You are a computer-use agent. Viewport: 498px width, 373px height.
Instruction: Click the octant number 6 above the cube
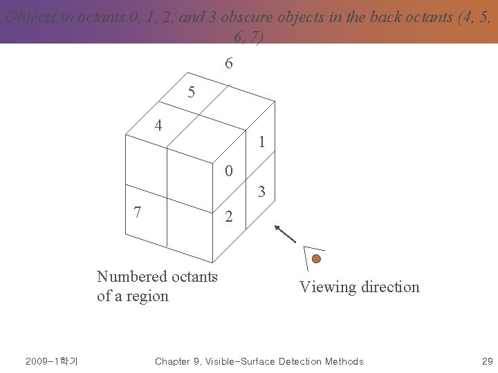coord(229,64)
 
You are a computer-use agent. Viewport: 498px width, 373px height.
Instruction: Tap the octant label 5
coord(192,92)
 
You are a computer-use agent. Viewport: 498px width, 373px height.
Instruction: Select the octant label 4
coord(158,126)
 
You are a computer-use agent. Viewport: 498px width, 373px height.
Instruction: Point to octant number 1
coord(261,143)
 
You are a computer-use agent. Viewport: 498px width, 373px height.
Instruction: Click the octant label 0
coord(229,171)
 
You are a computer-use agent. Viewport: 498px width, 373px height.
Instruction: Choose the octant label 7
coord(138,212)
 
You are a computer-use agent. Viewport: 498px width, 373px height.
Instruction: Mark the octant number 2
coord(230,218)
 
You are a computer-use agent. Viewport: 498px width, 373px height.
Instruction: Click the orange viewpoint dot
coord(316,259)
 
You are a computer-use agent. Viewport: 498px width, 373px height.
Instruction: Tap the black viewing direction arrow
coord(285,233)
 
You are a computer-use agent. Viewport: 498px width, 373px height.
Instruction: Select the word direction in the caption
coord(390,287)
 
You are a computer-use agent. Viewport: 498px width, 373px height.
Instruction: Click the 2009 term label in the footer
coord(51,361)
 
